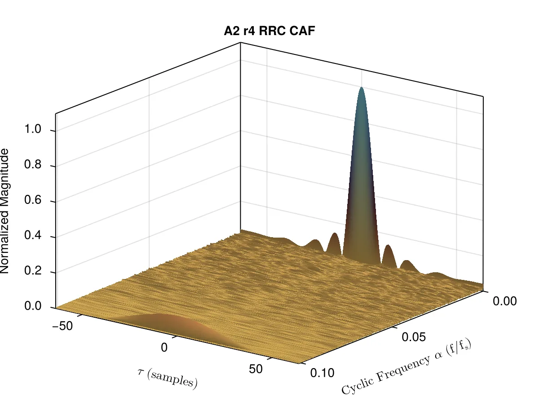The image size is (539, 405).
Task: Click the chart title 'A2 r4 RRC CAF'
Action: (269, 31)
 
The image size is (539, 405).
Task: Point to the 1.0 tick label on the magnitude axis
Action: (33, 129)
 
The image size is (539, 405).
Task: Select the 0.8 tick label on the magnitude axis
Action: (33, 164)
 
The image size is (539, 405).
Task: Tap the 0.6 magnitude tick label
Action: (33, 200)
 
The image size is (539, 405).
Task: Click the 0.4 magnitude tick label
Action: (33, 235)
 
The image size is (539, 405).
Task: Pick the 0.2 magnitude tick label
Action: (33, 271)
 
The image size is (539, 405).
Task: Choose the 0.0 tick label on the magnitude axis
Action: (33, 306)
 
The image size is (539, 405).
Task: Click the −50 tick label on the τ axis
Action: (62, 326)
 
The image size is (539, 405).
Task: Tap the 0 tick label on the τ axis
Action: (164, 347)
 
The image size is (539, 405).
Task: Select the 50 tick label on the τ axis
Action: (256, 369)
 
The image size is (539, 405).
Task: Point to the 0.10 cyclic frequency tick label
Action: (322, 373)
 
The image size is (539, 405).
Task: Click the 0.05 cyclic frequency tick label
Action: (414, 337)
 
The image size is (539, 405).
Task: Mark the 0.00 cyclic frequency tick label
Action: (504, 301)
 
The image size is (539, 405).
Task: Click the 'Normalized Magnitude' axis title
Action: (4, 211)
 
